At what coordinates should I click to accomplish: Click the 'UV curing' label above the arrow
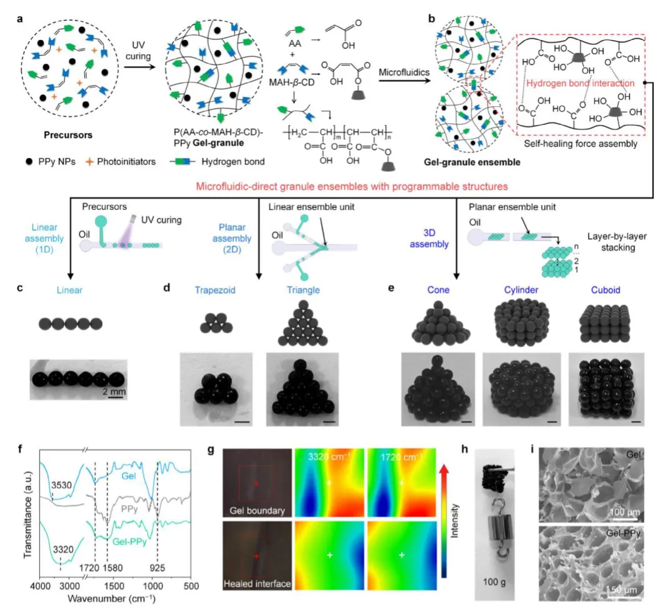pyautogui.click(x=138, y=51)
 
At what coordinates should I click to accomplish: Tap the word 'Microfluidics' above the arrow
pyautogui.click(x=404, y=72)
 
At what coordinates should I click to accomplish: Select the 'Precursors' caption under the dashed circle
pyautogui.click(x=68, y=135)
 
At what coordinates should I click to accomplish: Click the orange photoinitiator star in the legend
pyautogui.click(x=89, y=162)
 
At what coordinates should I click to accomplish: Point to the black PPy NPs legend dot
pyautogui.click(x=29, y=162)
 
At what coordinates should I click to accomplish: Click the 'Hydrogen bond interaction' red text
pyautogui.click(x=580, y=83)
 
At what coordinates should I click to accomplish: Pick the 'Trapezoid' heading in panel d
pyautogui.click(x=215, y=290)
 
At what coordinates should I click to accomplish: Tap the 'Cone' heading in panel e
pyautogui.click(x=438, y=290)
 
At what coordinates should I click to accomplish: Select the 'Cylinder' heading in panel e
pyautogui.click(x=521, y=290)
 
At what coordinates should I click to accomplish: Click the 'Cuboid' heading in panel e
pyautogui.click(x=605, y=290)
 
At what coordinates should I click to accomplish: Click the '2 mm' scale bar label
pyautogui.click(x=114, y=391)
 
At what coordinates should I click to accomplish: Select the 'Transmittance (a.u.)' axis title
pyautogui.click(x=28, y=515)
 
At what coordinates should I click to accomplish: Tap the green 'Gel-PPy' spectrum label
pyautogui.click(x=129, y=542)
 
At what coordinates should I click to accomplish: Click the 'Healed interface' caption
pyautogui.click(x=257, y=584)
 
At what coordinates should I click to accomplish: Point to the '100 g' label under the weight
pyautogui.click(x=495, y=582)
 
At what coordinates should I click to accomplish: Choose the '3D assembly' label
pyautogui.click(x=429, y=238)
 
